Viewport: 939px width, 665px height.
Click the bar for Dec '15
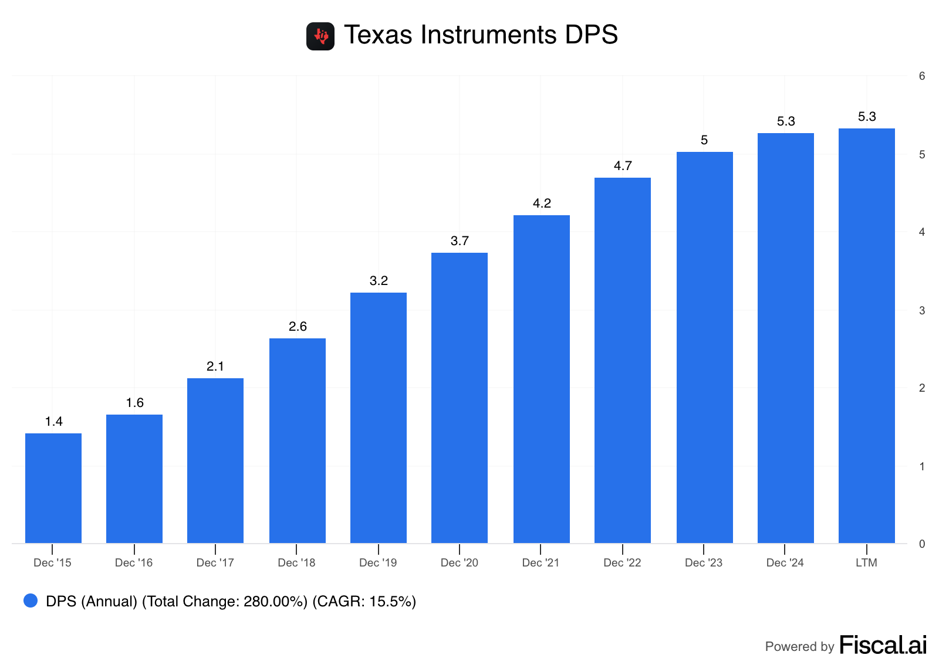coord(53,488)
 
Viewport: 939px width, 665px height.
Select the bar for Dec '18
coord(297,440)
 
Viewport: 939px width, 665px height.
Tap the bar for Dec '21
coord(541,379)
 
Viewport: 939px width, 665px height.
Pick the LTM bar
coord(866,335)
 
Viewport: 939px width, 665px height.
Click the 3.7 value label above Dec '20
coord(460,241)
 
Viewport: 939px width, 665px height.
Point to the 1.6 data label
coord(134,403)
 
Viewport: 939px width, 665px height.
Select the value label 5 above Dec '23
coord(704,140)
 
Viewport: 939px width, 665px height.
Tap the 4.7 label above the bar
coord(623,166)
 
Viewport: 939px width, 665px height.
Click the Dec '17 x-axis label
coord(215,563)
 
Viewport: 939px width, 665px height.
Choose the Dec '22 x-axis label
coord(622,563)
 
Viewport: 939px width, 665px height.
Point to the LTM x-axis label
coord(866,563)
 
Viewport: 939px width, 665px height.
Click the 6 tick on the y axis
coord(922,76)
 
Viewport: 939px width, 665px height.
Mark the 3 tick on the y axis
coord(922,311)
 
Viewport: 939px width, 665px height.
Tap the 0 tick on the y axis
coord(922,544)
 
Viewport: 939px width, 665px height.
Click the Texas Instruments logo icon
coord(320,36)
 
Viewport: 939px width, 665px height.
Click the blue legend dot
coord(31,600)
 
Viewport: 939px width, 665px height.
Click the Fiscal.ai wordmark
coord(883,645)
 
